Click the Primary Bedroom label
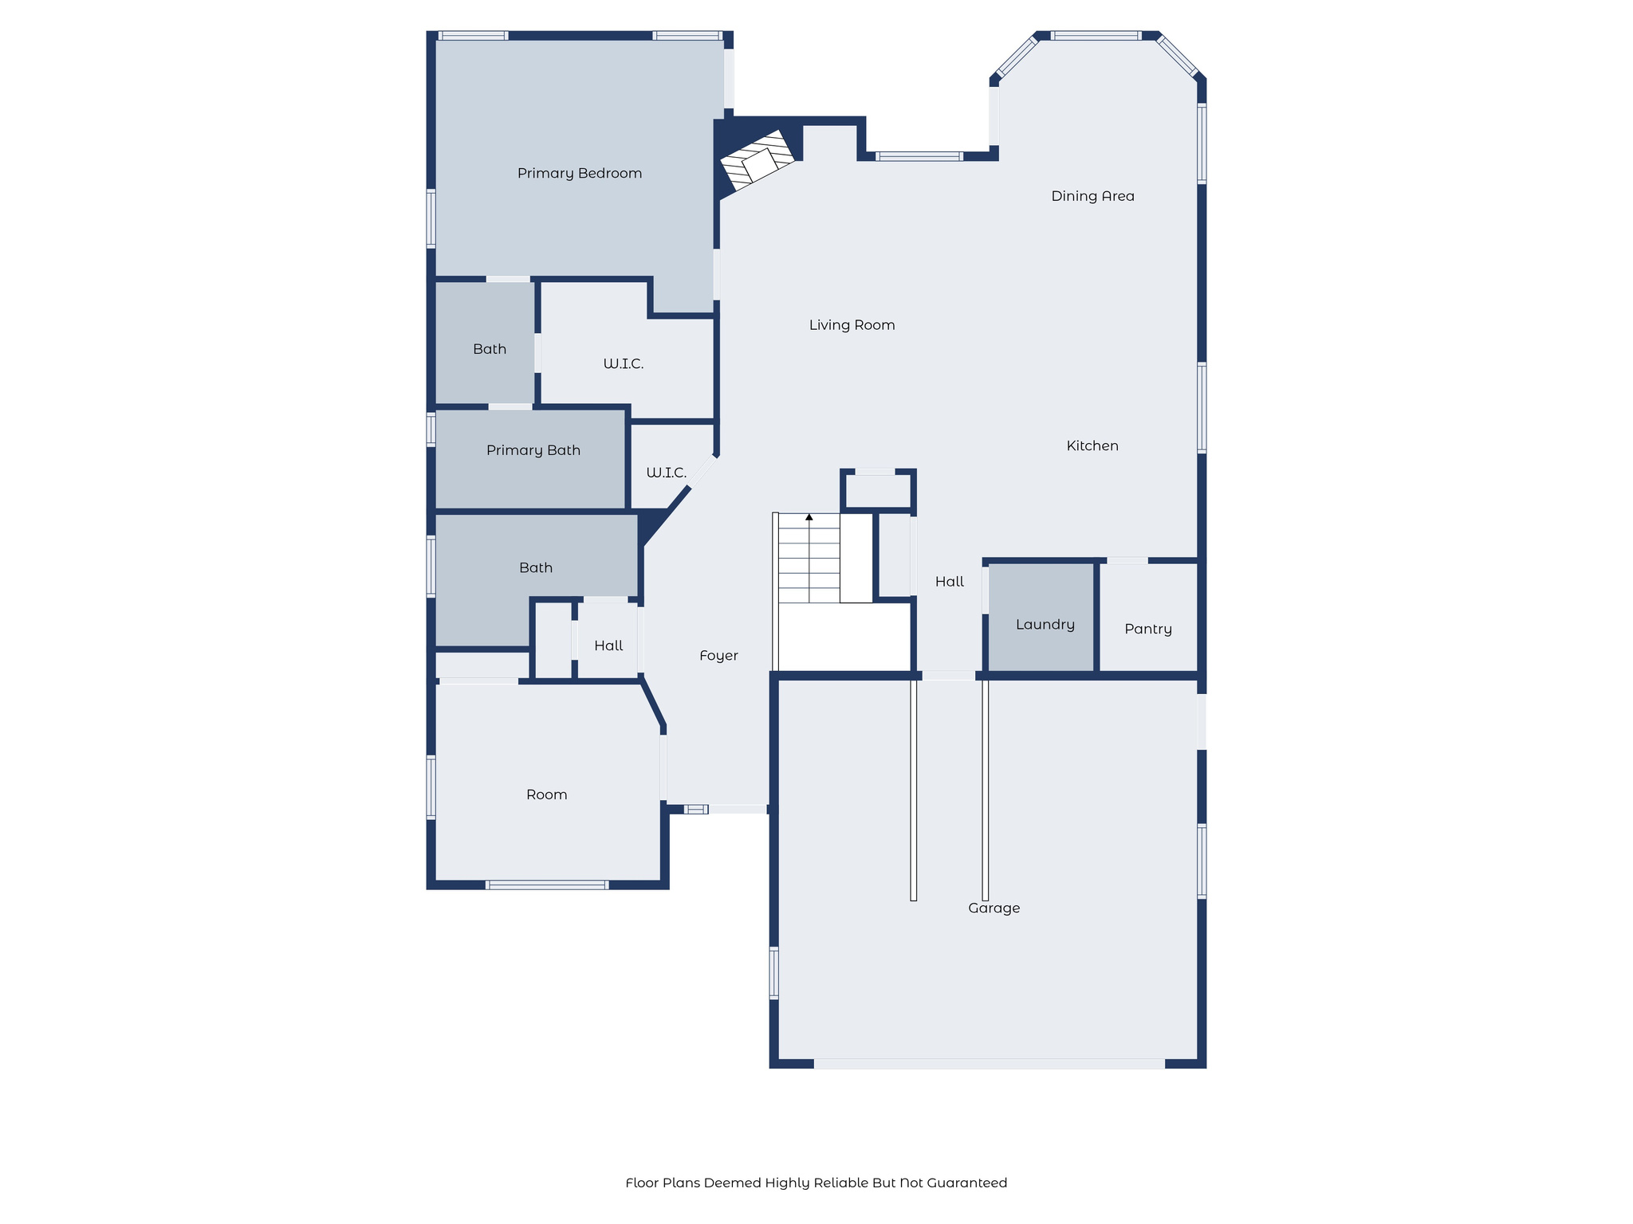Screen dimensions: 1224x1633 coord(580,174)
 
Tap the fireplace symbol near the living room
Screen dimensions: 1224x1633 coord(757,162)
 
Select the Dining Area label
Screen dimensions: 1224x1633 coord(1092,196)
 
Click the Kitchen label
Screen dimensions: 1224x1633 coord(1092,446)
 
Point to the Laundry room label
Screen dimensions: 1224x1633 coord(1045,625)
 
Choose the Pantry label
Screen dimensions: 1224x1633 coord(1148,630)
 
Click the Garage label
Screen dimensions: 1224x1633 coord(994,908)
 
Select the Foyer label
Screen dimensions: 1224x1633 coord(718,656)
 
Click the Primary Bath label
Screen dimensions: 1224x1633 coord(533,451)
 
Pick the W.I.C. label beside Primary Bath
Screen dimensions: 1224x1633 coord(666,473)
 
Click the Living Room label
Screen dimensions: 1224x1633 coord(852,325)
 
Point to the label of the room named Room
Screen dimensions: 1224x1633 coord(547,794)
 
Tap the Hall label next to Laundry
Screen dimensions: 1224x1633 coord(949,583)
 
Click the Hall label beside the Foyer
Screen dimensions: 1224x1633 coord(608,646)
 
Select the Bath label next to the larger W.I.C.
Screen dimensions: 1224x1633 coord(490,349)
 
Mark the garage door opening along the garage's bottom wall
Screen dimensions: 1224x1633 coord(989,1064)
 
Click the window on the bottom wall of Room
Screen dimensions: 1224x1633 coord(547,885)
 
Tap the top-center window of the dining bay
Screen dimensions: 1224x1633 coord(1096,36)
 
